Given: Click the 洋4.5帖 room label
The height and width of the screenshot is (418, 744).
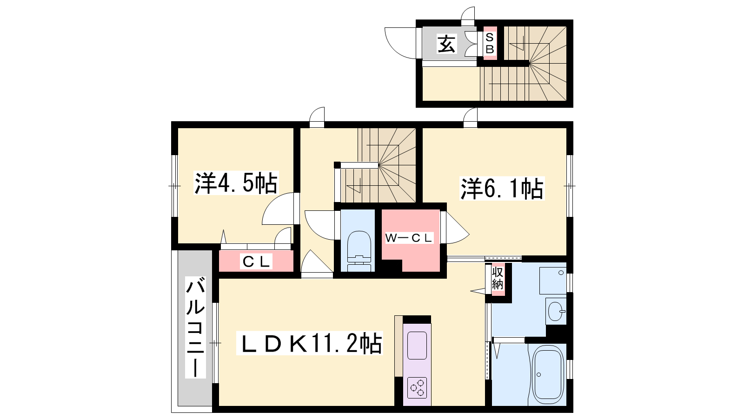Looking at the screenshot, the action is [235, 183].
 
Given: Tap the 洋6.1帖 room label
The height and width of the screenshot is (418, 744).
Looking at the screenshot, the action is [502, 189].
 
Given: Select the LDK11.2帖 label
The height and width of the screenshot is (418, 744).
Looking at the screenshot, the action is [310, 343].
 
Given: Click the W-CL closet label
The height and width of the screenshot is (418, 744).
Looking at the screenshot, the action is [409, 237].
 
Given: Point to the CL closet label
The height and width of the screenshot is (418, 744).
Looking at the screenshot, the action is [256, 262].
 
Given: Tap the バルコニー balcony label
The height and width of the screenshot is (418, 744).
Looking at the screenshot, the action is [195, 327].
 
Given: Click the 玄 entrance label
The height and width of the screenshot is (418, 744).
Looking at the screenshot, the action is [446, 44].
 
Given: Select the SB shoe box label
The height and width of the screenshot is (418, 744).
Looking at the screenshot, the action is [490, 44].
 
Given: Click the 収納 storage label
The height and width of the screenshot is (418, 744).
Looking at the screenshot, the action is [498, 278].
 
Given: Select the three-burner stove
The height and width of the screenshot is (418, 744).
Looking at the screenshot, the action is [417, 387].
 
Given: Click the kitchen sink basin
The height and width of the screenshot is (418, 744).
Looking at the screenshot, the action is [417, 346].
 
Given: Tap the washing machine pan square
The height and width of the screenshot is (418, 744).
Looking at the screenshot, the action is [553, 281].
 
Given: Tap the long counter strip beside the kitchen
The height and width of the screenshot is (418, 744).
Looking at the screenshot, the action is [399, 346].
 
